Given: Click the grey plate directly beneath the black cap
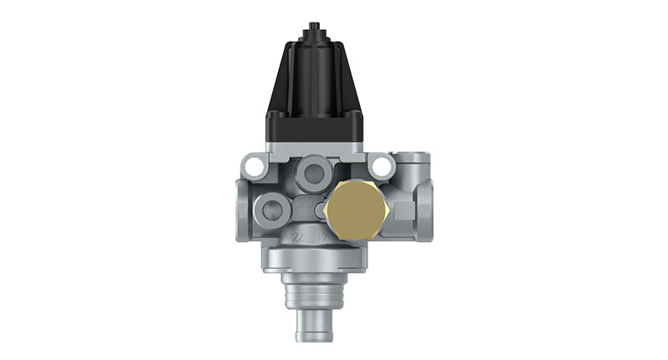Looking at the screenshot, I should [x=318, y=147].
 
